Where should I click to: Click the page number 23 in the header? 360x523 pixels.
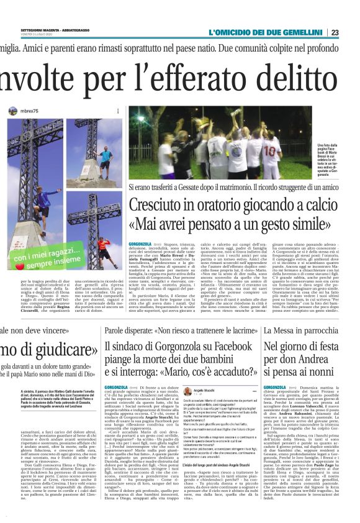[x=352, y=32]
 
